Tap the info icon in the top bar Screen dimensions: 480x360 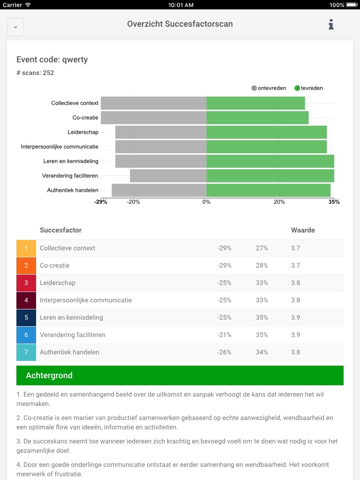[331, 24]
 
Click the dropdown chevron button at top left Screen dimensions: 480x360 [15, 27]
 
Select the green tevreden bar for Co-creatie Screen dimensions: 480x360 [257, 118]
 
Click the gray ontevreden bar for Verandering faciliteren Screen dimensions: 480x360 [168, 176]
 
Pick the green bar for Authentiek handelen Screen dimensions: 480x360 [268, 190]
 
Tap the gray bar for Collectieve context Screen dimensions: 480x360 [154, 103]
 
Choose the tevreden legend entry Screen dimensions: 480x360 [309, 88]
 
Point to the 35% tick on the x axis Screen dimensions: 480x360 [334, 202]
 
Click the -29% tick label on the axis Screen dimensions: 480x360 [101, 202]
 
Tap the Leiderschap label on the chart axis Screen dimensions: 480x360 [83, 132]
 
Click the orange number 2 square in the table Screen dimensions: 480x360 [26, 266]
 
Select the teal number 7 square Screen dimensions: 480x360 [26, 352]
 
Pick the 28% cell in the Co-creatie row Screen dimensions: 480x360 [262, 266]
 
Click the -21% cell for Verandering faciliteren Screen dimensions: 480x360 [224, 335]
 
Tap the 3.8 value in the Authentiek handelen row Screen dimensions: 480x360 [295, 352]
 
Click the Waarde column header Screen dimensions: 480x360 [303, 230]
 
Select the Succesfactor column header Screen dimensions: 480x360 [61, 230]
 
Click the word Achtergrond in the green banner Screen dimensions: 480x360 [49, 376]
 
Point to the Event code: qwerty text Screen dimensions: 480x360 [52, 60]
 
